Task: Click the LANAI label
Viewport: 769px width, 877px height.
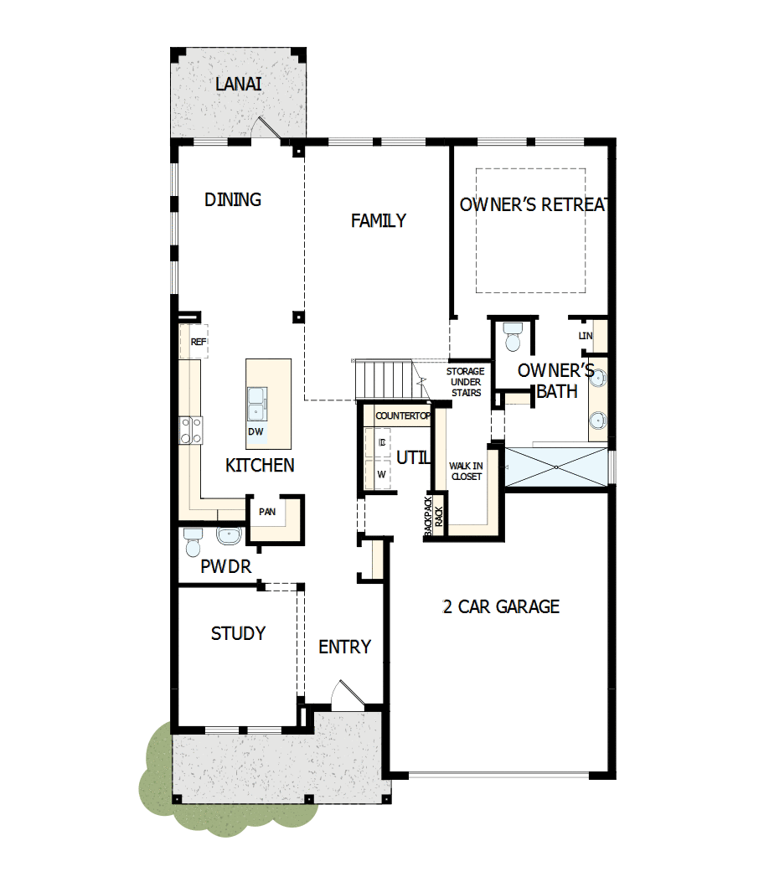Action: point(239,85)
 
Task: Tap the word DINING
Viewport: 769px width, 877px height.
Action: point(233,199)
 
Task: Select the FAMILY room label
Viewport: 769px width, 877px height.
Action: point(378,220)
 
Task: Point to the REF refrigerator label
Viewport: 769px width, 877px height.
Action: point(198,342)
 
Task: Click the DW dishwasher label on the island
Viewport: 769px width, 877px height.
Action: point(256,432)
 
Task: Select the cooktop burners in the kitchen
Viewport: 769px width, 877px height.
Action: point(190,430)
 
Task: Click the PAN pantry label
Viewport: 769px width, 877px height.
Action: point(267,512)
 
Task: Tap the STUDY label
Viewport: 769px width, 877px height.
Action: point(238,633)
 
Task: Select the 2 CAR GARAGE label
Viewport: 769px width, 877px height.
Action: point(500,606)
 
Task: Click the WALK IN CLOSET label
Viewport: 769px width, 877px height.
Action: point(466,471)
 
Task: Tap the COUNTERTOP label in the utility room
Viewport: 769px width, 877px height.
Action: point(402,415)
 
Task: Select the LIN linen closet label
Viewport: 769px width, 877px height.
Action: point(585,336)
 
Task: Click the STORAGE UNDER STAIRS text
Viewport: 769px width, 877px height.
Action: point(465,382)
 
